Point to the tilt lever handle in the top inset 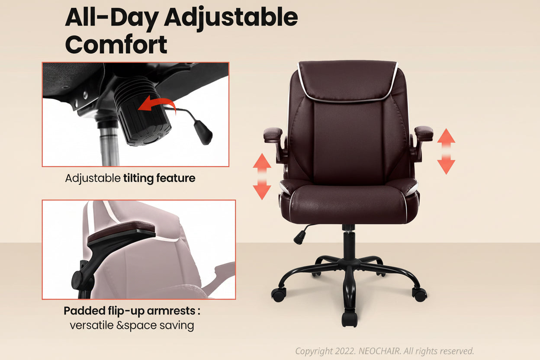(x=204, y=132)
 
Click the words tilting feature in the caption (x=159, y=178)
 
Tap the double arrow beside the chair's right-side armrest (x=446, y=151)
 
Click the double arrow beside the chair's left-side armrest (x=262, y=176)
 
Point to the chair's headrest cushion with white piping (x=348, y=80)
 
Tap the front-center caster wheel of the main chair (x=349, y=319)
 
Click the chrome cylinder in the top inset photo (x=109, y=145)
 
